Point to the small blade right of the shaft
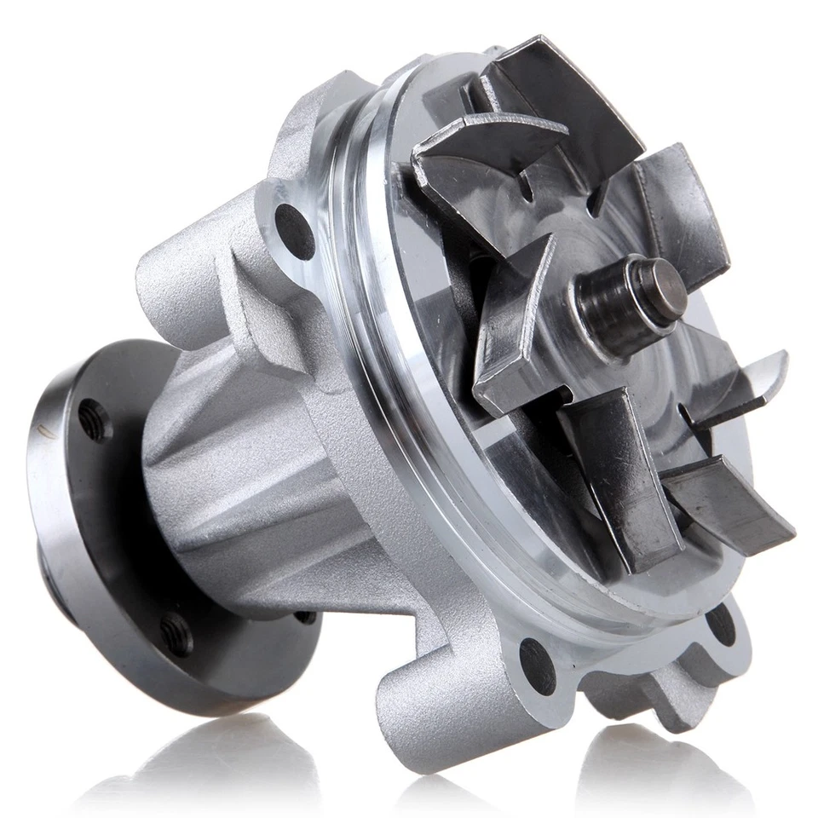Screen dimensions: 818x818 tap(741, 383)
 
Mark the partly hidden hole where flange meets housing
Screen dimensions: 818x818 tap(305, 616)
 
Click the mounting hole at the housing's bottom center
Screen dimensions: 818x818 tap(537, 665)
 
